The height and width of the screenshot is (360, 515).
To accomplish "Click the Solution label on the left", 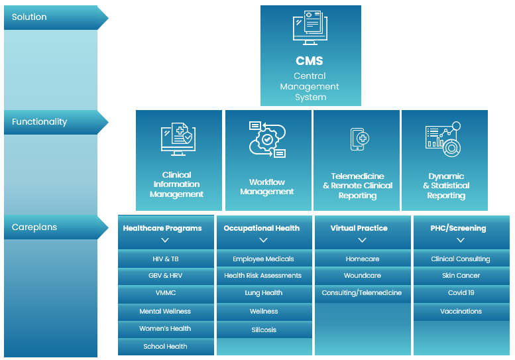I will point(30,17).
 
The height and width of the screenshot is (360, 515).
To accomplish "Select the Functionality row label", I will point(40,122).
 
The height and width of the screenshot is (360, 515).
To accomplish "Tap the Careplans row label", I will point(34,227).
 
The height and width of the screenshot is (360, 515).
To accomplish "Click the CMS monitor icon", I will point(310,29).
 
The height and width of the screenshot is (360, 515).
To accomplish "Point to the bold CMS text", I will point(310,61).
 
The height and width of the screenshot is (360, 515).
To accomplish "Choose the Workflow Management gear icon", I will point(266,140).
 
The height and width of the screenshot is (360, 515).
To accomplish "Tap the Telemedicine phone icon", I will point(358,139).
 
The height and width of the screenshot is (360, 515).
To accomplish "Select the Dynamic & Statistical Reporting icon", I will point(443,140).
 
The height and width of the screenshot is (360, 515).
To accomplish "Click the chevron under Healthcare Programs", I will point(166,241).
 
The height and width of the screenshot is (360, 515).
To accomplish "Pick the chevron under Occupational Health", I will point(263,241).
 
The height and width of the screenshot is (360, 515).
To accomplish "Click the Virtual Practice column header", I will point(359,228).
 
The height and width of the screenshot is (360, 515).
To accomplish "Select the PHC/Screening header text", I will point(458,228).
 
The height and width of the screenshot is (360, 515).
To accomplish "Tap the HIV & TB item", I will point(166,259).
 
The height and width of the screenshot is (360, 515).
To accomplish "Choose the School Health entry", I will point(166,347).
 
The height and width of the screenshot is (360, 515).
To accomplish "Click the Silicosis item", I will point(264,330).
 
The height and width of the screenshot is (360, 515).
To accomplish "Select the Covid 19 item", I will point(461,293).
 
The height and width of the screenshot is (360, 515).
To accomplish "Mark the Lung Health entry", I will point(264,293).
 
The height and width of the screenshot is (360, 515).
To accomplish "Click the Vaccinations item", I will point(461,312).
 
